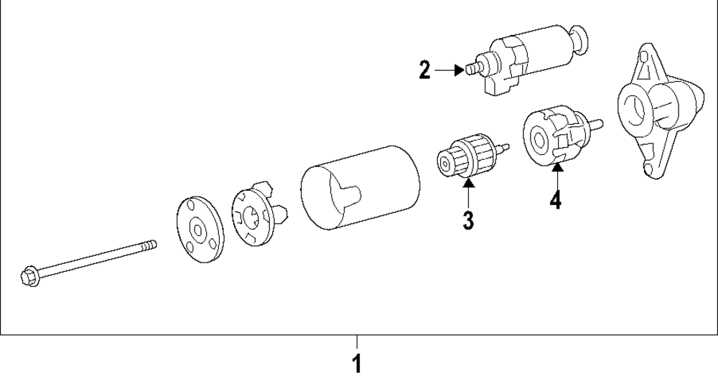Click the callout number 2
click(425, 70)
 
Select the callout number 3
click(468, 219)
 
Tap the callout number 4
click(555, 198)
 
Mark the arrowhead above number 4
click(556, 168)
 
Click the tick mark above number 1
click(357, 341)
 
